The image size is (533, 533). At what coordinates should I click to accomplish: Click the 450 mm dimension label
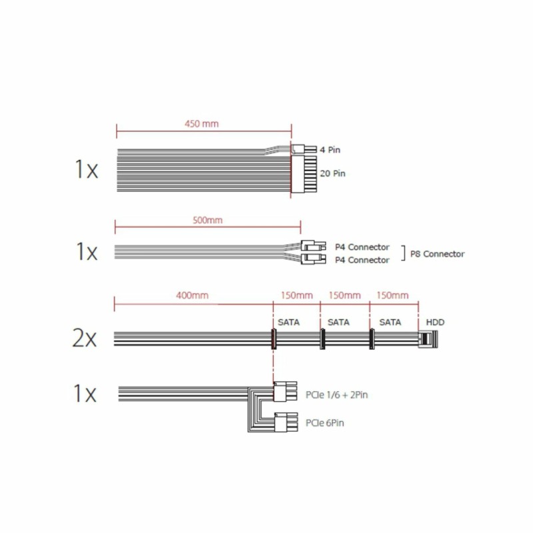202,124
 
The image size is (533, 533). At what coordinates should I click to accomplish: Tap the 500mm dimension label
207,221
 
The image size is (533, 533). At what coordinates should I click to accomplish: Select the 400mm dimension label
192,295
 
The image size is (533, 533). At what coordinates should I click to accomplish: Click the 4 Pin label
330,150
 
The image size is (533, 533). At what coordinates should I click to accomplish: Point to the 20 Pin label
332,173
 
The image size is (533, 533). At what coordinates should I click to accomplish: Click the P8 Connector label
437,254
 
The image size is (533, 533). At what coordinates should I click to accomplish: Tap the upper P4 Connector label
362,247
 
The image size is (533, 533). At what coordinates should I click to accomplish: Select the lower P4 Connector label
362,260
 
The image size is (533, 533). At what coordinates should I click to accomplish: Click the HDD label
435,322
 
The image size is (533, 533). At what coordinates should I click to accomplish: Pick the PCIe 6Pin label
324,423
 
